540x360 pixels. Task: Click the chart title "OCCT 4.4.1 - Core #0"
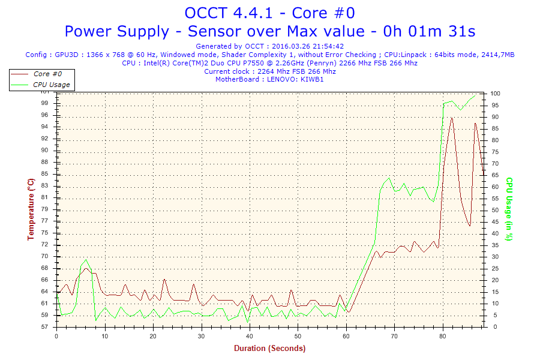[x=269, y=13]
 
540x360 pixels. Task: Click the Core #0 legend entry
[x=47, y=74]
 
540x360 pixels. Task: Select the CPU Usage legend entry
[x=51, y=85]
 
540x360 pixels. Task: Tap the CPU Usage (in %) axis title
[x=509, y=209]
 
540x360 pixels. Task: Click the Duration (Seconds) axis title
[x=269, y=348]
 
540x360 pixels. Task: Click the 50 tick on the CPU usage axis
[x=495, y=210]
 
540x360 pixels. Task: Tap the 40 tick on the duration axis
[x=250, y=336]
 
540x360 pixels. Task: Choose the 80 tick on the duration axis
[x=443, y=336]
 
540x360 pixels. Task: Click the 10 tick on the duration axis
[x=105, y=336]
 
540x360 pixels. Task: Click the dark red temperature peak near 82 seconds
[x=452, y=118]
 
